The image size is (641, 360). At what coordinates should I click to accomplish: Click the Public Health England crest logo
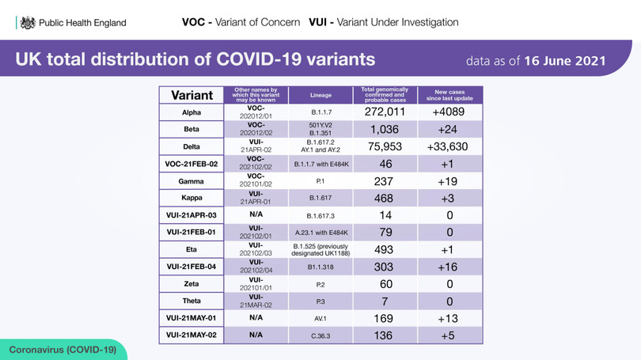[28, 23]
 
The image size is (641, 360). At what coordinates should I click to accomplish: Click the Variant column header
[191, 95]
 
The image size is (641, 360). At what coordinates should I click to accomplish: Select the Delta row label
[191, 146]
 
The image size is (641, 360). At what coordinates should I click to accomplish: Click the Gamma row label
[191, 180]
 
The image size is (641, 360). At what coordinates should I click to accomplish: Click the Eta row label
[191, 249]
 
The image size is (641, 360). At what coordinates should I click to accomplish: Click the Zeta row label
[191, 283]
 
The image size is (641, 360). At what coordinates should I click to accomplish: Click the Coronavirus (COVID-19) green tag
[63, 349]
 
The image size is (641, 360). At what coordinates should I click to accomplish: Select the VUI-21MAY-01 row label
[191, 318]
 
